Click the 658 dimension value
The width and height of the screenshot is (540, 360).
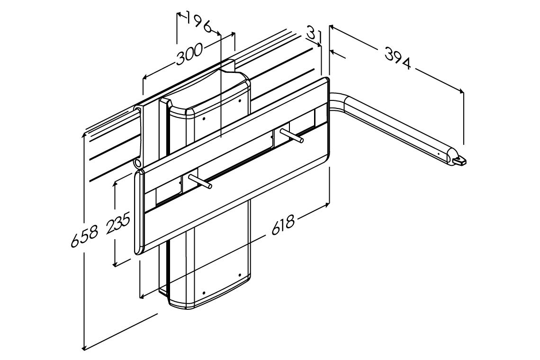[85, 236]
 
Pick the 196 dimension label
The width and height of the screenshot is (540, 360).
[198, 23]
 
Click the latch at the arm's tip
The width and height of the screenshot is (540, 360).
[459, 161]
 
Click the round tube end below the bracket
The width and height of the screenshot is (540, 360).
[138, 163]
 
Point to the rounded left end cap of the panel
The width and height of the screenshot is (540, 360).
[137, 213]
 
